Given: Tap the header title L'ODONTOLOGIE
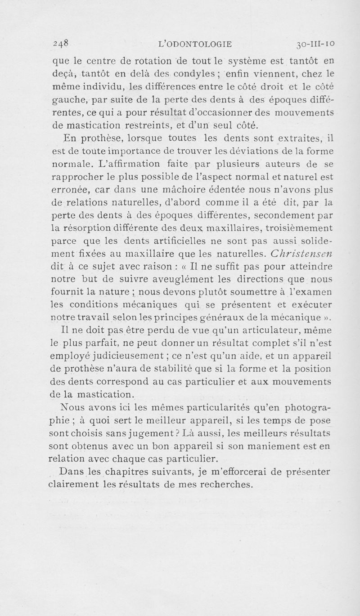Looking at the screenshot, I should tap(196, 44).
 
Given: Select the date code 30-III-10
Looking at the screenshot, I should tap(318, 44).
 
